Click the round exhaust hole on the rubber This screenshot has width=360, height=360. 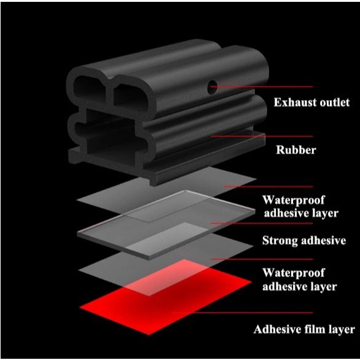[212, 87]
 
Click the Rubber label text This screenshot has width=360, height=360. [296, 150]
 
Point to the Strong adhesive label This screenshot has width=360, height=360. [304, 241]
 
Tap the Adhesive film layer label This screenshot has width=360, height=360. [304, 329]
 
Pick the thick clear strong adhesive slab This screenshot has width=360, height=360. [166, 225]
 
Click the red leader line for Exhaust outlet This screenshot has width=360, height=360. [262, 87]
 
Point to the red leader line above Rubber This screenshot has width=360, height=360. [262, 136]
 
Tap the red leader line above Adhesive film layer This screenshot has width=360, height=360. [243, 313]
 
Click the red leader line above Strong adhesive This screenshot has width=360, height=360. [262, 223]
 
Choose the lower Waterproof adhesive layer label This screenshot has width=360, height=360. [300, 280]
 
